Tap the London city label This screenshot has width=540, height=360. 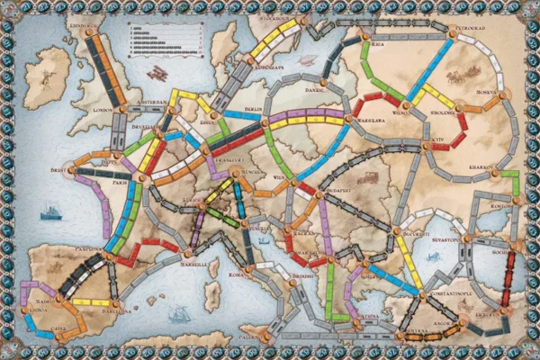[105, 111]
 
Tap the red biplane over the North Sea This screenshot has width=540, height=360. [162, 69]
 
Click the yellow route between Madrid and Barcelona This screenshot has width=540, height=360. [90, 302]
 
